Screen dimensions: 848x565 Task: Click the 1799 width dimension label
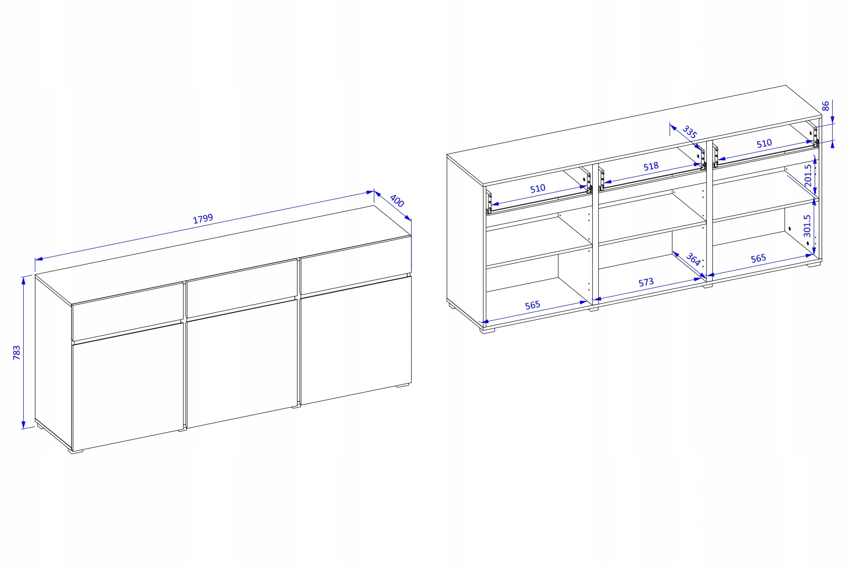(203, 219)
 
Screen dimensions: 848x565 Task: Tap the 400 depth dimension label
(397, 201)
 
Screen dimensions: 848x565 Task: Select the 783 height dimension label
(17, 353)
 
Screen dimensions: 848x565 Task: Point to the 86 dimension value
(825, 106)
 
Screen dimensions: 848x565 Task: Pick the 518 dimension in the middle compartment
(651, 166)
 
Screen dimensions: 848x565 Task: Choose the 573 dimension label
(646, 282)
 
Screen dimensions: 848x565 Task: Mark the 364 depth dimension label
(693, 259)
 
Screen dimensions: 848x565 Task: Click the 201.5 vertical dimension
(808, 176)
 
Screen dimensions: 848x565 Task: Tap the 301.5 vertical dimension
(807, 226)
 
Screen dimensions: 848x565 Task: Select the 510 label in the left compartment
(537, 189)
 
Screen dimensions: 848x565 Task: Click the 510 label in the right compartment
(764, 143)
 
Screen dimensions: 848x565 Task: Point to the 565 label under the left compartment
(532, 305)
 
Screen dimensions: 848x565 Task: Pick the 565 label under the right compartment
(758, 258)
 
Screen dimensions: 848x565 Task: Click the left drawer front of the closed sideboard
(128, 312)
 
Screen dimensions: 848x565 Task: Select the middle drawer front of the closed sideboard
(242, 289)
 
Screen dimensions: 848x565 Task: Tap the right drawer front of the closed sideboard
(356, 266)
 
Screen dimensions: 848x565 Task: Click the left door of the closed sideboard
(128, 387)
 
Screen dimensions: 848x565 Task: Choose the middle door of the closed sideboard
(242, 364)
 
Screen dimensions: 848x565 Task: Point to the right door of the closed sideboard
(356, 340)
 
